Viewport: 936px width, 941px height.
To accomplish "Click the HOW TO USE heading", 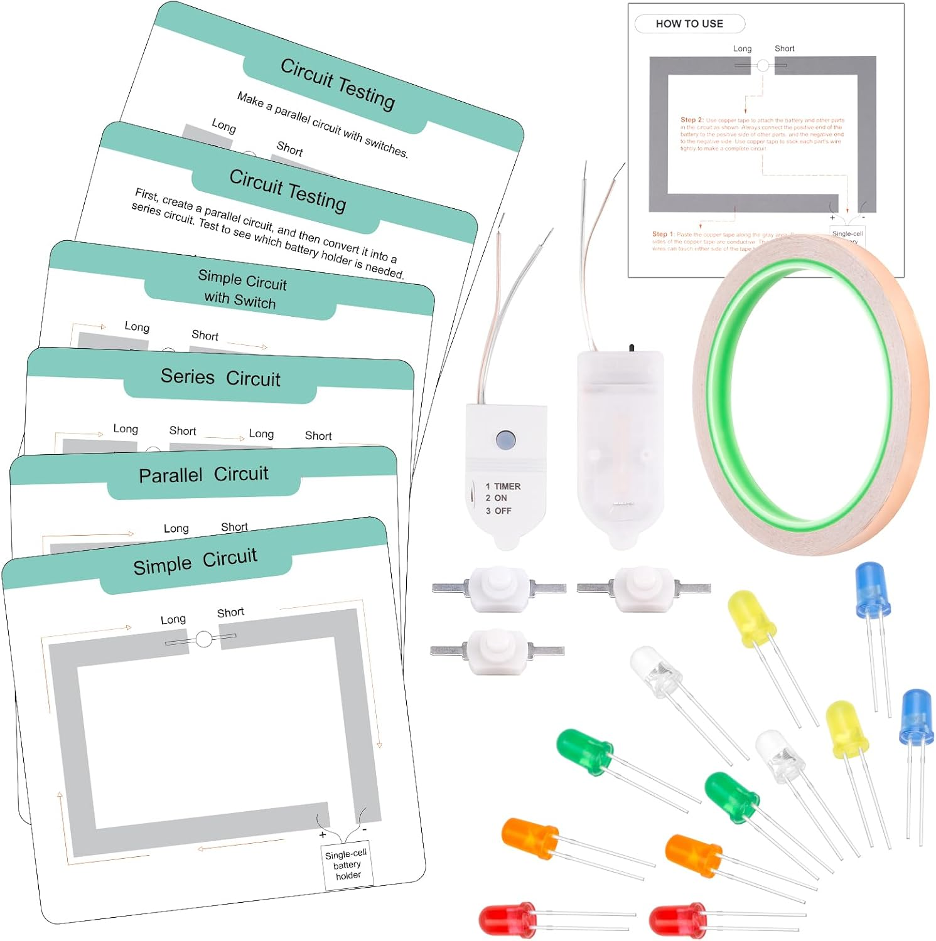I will coord(689,24).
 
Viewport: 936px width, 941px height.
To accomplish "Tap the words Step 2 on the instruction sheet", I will coord(692,120).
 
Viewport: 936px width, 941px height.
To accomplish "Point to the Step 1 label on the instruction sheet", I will coord(663,234).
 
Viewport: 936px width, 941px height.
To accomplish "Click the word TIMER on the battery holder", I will coord(507,486).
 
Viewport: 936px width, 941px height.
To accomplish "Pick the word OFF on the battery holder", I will coord(503,511).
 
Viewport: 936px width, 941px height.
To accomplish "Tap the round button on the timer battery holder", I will coord(505,440).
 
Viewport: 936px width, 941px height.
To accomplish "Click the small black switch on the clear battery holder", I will coord(632,347).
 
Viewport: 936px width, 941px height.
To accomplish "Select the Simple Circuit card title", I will coord(195,561).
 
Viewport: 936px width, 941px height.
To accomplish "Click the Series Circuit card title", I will coord(220,378).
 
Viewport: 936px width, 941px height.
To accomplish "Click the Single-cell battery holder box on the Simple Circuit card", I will coord(348,865).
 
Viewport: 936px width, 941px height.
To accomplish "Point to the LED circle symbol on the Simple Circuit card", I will coord(204,639).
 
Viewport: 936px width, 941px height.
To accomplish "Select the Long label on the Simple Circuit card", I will coord(173,620).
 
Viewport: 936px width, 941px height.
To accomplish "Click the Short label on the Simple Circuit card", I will coord(230,612).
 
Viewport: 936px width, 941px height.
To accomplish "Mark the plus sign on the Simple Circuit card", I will coord(323,835).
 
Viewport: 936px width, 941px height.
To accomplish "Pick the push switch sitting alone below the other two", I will coord(497,652).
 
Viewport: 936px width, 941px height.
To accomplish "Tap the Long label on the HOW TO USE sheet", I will coord(742,49).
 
